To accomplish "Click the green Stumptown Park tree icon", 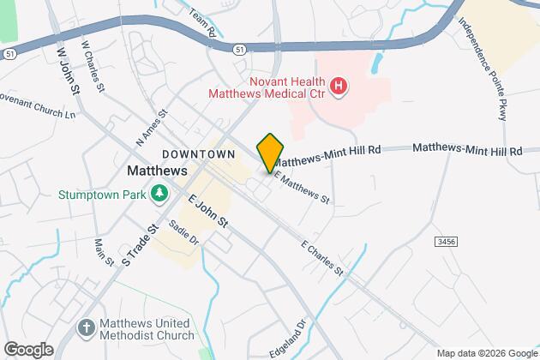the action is point(159,195).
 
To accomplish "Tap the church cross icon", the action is point(86,327).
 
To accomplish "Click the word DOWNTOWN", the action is point(198,154).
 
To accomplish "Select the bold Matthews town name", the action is point(156,171).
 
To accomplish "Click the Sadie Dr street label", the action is point(183,233).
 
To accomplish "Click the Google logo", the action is point(27,349).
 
